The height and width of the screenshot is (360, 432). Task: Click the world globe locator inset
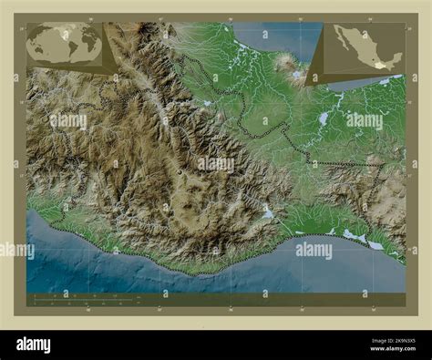[63, 42]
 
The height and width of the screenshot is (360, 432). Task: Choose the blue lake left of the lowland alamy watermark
[324, 118]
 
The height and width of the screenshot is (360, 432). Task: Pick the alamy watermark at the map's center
[215, 164]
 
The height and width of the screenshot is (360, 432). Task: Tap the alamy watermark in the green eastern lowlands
[365, 120]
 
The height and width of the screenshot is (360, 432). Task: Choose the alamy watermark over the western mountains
[68, 120]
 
